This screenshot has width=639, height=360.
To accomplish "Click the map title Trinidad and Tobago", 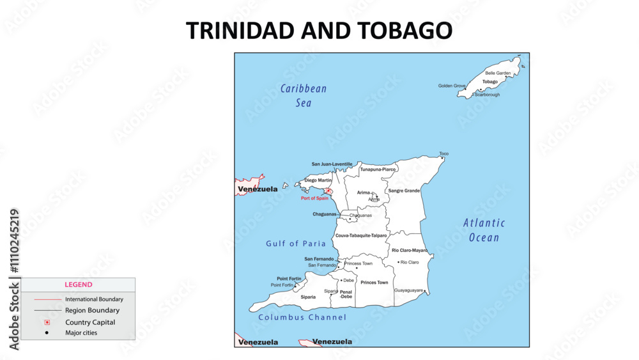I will [x=319, y=31].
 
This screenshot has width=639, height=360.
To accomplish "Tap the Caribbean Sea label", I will [x=304, y=95].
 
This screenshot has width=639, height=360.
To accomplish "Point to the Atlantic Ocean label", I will [x=484, y=230].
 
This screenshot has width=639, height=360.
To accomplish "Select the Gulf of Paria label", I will [x=296, y=244].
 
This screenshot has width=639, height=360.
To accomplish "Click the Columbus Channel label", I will [x=302, y=317].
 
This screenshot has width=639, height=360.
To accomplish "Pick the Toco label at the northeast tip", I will [x=443, y=153].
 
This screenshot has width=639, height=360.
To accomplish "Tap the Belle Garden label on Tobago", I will [x=498, y=74].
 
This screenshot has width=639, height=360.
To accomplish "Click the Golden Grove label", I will [x=452, y=86].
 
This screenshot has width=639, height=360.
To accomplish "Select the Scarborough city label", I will [x=487, y=95].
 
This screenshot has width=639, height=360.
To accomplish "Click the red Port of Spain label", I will [x=314, y=198].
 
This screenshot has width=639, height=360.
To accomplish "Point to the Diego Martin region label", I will [x=318, y=180].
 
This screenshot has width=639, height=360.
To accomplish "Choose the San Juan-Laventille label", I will [x=332, y=164].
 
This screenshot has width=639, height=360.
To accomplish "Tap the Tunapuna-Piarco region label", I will [x=378, y=169].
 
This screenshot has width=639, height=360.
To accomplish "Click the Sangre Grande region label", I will [x=404, y=191].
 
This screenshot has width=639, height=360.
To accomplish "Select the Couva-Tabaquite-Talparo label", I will [x=361, y=236].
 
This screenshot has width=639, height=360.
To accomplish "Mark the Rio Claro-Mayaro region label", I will [x=410, y=250].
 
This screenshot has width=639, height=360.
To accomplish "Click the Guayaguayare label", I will [x=408, y=290].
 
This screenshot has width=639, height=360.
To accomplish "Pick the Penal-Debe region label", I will [x=346, y=294].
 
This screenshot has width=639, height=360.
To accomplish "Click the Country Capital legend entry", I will [x=90, y=322].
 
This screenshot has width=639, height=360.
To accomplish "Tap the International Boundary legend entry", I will [x=94, y=299].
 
